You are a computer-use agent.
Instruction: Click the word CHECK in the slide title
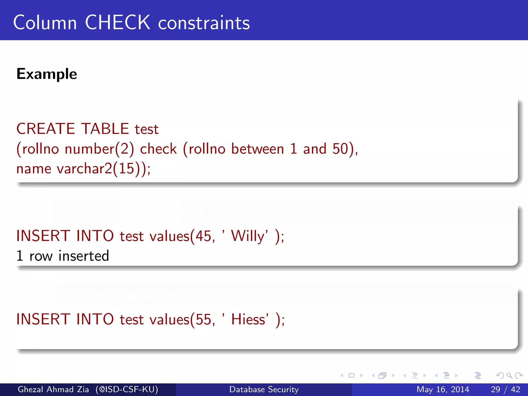(117, 23)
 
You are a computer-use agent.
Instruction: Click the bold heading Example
(47, 74)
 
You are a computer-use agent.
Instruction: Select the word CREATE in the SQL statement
(46, 129)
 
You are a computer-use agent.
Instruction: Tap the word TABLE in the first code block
(105, 129)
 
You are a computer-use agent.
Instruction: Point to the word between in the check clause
(258, 149)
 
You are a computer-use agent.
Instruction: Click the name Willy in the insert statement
(248, 236)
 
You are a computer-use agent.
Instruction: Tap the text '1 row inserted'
(63, 256)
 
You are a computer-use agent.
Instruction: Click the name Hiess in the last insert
(248, 319)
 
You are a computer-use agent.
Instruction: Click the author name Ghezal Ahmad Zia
(53, 389)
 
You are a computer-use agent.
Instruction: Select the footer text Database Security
(264, 389)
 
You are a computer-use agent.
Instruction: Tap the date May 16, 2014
(443, 389)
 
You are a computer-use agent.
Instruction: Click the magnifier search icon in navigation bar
(509, 375)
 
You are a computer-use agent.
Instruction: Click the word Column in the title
(45, 23)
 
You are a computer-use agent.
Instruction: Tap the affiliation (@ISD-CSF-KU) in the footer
(127, 389)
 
